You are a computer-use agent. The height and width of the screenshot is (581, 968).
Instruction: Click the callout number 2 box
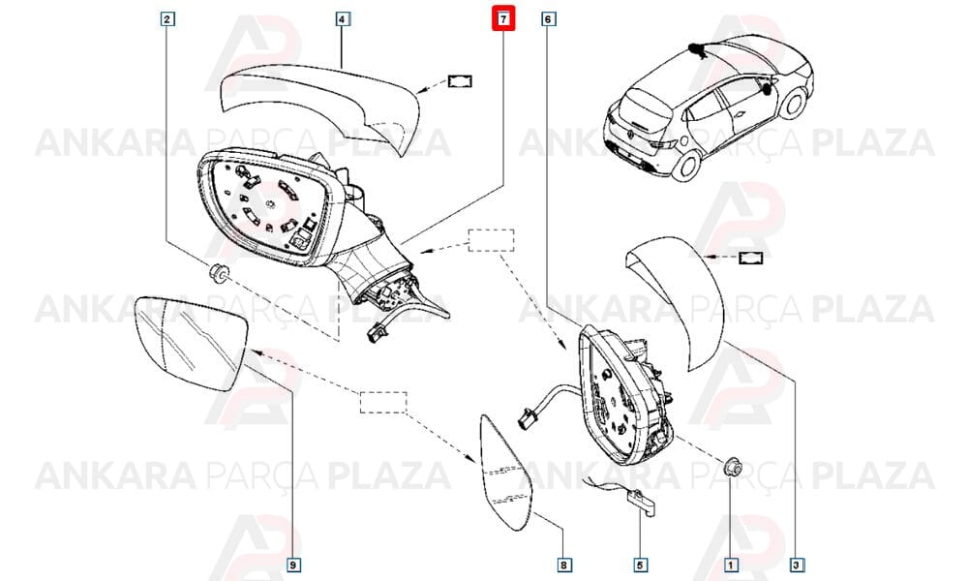166,19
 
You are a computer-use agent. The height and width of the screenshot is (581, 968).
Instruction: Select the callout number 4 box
342,19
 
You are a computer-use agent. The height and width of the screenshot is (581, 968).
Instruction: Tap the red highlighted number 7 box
503,19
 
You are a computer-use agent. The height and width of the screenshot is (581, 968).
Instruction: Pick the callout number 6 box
548,19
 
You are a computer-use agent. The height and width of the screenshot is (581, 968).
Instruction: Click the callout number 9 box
293,565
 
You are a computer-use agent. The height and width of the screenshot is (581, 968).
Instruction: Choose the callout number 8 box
563,565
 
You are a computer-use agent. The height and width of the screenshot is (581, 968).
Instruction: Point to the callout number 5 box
640,565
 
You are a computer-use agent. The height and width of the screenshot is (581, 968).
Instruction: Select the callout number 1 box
731,565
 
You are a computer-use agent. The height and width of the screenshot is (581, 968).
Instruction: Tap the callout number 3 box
797,565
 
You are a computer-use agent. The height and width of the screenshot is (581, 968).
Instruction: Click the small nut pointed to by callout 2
217,272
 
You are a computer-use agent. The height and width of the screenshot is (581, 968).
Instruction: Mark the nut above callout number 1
733,468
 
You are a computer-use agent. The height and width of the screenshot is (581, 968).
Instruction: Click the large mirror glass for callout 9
191,343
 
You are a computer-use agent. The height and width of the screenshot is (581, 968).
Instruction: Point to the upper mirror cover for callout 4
321,102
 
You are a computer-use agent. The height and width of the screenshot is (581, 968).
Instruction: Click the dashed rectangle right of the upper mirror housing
492,240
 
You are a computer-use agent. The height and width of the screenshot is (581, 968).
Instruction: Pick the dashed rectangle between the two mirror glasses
383,402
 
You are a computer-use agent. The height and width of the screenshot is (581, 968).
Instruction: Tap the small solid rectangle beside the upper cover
460,81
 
